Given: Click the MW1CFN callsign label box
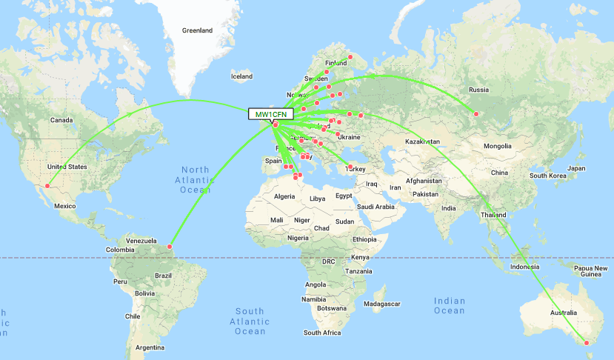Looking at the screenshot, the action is click(271, 113).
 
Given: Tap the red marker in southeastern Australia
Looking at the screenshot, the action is click(586, 342).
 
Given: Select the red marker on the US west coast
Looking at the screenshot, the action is click(48, 186).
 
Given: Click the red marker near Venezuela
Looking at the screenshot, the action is click(170, 246).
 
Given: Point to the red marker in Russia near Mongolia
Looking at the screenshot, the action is click(476, 113).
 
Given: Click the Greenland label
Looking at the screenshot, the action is click(198, 30).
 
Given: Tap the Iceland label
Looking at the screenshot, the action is click(241, 76).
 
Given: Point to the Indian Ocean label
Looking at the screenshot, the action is click(450, 306).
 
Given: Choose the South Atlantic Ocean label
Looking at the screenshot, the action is click(250, 321).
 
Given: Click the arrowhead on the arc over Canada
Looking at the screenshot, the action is click(130, 113).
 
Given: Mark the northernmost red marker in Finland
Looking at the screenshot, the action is click(350, 57).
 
